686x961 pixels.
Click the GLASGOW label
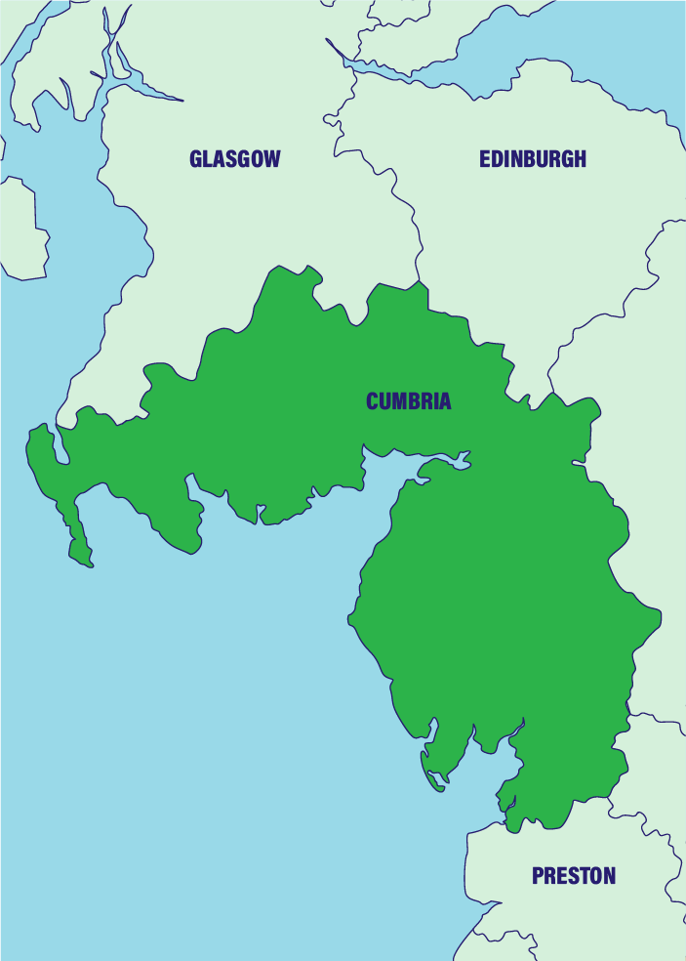(x=234, y=159)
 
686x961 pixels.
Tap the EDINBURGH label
(x=533, y=159)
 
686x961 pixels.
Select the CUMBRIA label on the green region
(x=409, y=401)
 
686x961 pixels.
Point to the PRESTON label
(x=574, y=876)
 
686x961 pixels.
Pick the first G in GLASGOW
(x=197, y=159)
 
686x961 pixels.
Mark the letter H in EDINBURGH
(x=579, y=159)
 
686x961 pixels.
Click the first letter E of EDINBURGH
(x=484, y=159)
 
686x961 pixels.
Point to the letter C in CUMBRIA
(x=373, y=401)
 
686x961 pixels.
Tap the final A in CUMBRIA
(x=444, y=401)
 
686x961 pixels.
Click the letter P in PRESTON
(x=538, y=876)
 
